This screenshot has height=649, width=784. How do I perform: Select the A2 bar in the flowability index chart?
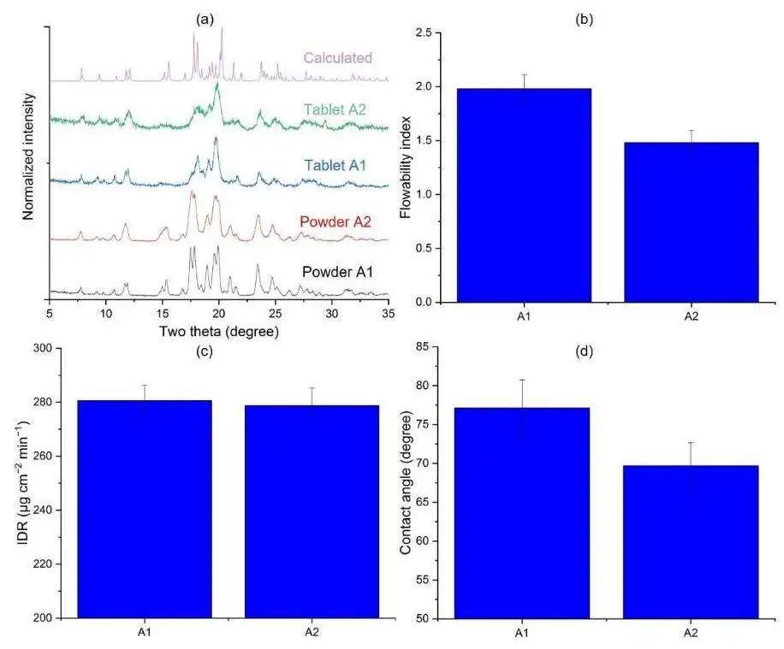tap(692, 222)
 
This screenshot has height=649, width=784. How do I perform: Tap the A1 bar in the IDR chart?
tap(145, 509)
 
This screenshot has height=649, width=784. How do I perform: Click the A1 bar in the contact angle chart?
tap(523, 513)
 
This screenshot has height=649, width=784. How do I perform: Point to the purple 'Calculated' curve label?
tap(338, 58)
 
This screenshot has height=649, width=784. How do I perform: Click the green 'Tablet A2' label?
tap(340, 109)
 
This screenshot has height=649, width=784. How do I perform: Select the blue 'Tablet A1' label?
tap(340, 164)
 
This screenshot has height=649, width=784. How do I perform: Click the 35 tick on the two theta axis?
tap(388, 315)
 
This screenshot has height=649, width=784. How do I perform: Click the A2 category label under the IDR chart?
tap(312, 632)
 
